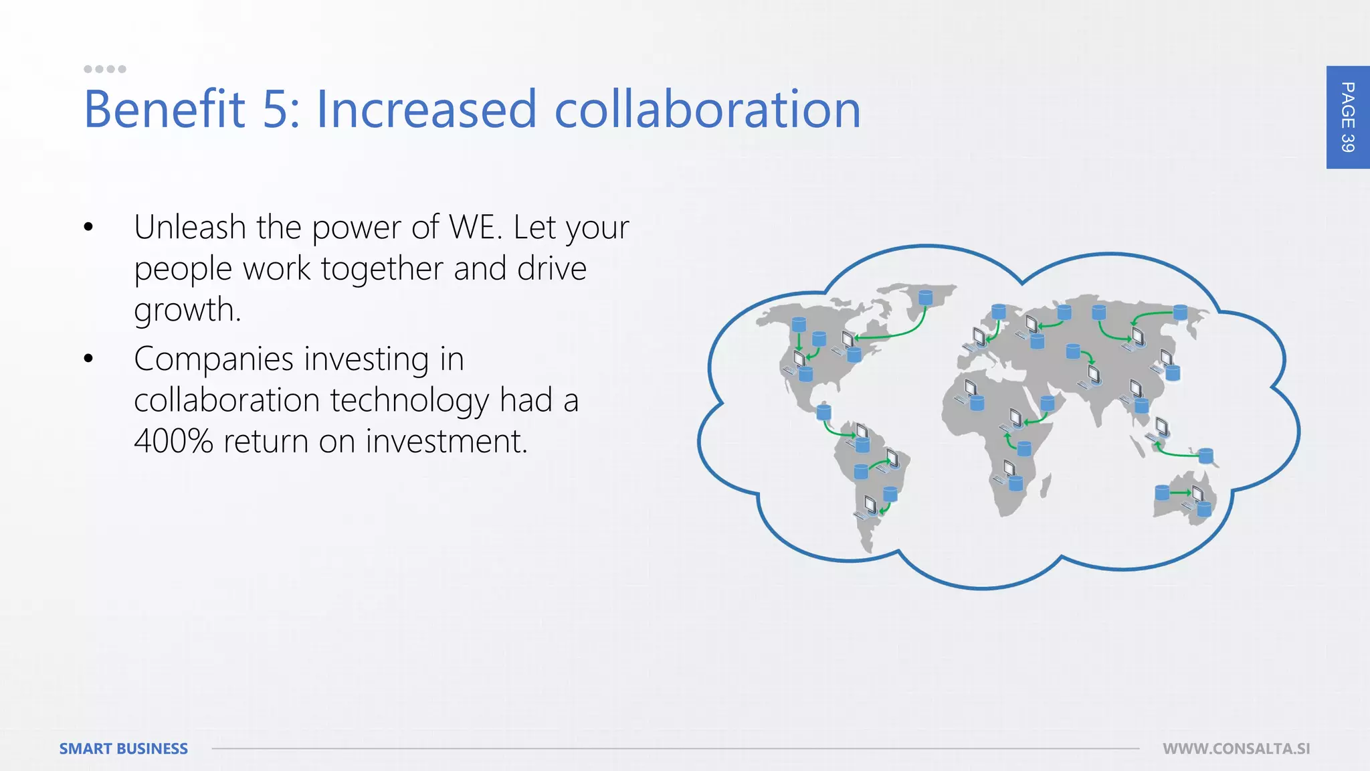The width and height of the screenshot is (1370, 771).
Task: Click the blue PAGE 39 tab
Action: click(1347, 117)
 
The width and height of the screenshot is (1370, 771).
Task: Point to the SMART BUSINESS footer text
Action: click(124, 748)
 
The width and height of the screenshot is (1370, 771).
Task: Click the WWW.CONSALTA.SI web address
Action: click(1236, 748)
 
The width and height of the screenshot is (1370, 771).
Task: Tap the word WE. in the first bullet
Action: click(475, 228)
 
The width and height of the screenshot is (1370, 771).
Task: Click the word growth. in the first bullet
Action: click(187, 311)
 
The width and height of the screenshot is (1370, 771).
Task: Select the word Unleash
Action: click(190, 228)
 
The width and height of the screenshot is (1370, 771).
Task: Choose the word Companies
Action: click(214, 359)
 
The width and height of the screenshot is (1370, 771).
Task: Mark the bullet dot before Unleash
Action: click(88, 228)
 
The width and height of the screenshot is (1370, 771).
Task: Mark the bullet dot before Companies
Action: click(88, 360)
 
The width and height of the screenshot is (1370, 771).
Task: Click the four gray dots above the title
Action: click(104, 69)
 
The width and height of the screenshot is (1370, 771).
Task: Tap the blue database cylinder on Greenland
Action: click(925, 296)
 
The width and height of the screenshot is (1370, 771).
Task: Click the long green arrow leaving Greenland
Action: click(896, 331)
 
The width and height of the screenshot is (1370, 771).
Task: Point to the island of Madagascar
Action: click(1046, 485)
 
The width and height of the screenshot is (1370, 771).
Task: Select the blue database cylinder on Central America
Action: click(824, 411)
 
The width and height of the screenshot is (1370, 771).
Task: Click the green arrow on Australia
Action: click(1180, 493)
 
